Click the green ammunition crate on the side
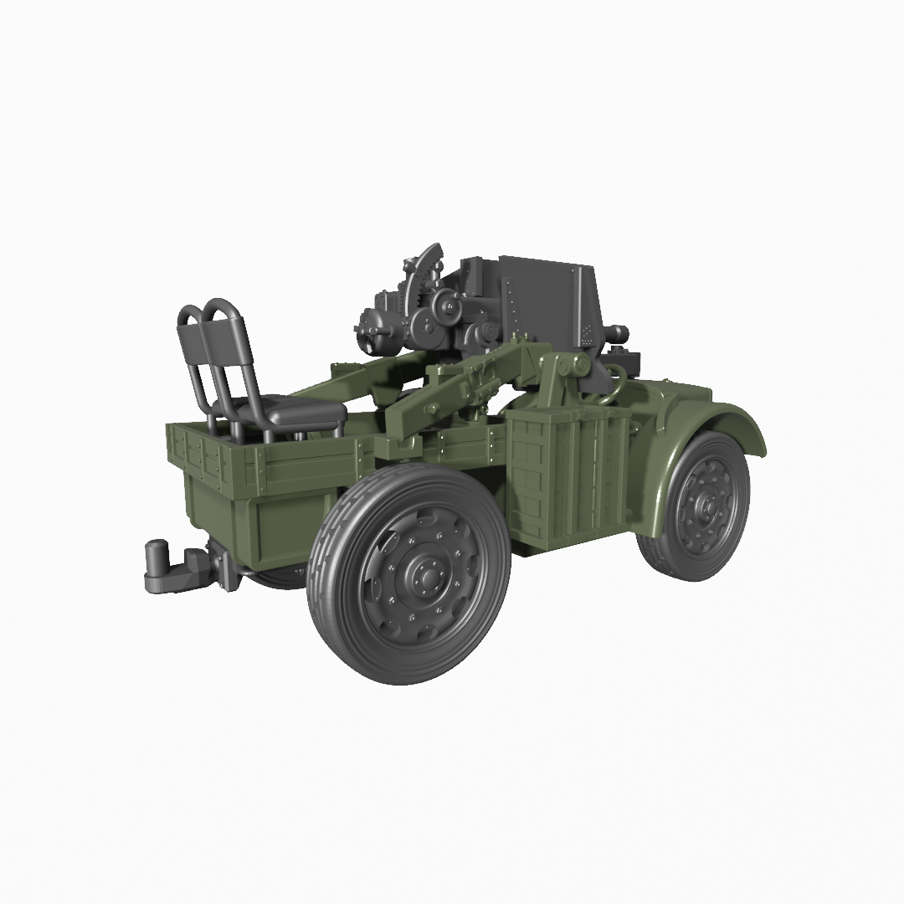pyautogui.click(x=569, y=477)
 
